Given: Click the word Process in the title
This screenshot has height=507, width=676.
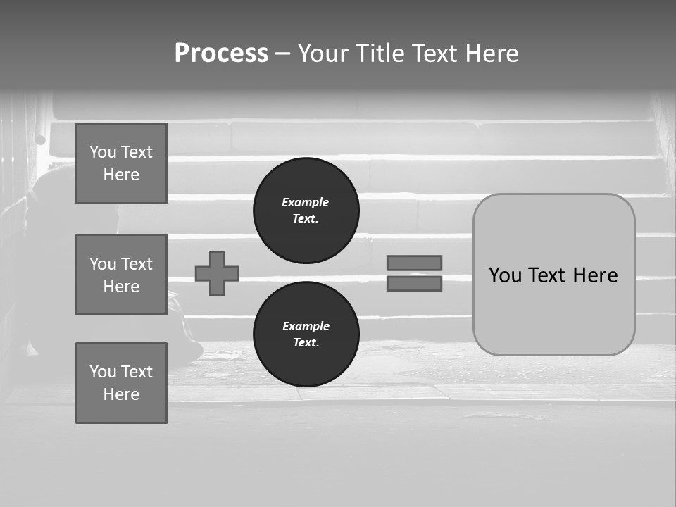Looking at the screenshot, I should (x=221, y=54).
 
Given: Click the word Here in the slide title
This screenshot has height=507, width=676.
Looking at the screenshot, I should (x=492, y=54).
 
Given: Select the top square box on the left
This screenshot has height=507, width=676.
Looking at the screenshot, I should (x=121, y=163).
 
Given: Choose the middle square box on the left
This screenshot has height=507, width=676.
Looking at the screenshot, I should (x=121, y=275).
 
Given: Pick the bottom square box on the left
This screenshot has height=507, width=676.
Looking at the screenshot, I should (x=121, y=382).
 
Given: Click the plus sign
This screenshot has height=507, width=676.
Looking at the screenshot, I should (x=217, y=273).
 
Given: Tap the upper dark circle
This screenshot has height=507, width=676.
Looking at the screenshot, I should (x=306, y=211).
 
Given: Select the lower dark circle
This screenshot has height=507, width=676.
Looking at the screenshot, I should (x=306, y=334).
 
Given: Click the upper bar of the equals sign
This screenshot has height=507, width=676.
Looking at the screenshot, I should (x=414, y=263).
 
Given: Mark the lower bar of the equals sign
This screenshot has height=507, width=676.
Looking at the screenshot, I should (x=414, y=283).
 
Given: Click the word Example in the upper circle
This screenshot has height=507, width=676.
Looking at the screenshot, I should (x=305, y=202).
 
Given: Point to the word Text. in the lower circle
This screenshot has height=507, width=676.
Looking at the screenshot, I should (x=306, y=343).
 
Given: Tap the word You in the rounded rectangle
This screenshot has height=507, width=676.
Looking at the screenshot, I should (x=504, y=275).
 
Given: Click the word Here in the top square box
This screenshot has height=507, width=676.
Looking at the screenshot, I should (x=121, y=175).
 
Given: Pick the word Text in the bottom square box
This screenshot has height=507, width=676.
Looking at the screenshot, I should (x=137, y=371).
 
